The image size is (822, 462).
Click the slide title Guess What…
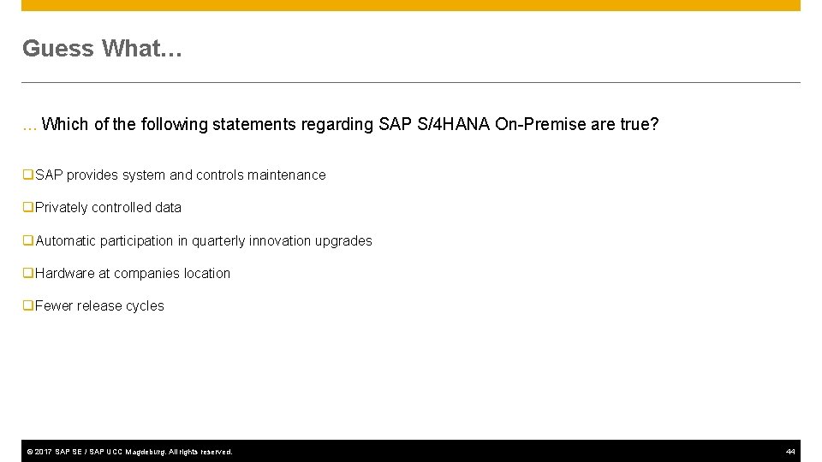pyautogui.click(x=102, y=49)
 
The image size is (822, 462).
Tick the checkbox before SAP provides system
pyautogui.click(x=28, y=175)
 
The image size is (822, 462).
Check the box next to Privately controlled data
pyautogui.click(x=28, y=207)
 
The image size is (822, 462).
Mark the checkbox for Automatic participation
pyautogui.click(x=28, y=240)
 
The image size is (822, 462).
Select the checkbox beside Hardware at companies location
pyautogui.click(x=28, y=273)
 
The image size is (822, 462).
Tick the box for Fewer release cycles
pyautogui.click(x=28, y=305)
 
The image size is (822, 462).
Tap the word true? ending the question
pyautogui.click(x=639, y=125)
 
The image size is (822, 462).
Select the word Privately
pyautogui.click(x=62, y=208)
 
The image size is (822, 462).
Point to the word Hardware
pyautogui.click(x=65, y=274)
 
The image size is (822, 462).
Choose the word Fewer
pyautogui.click(x=54, y=306)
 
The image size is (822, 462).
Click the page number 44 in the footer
pyautogui.click(x=790, y=452)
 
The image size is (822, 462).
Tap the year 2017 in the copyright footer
pyautogui.click(x=43, y=452)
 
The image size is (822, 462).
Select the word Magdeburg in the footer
pyautogui.click(x=146, y=452)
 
